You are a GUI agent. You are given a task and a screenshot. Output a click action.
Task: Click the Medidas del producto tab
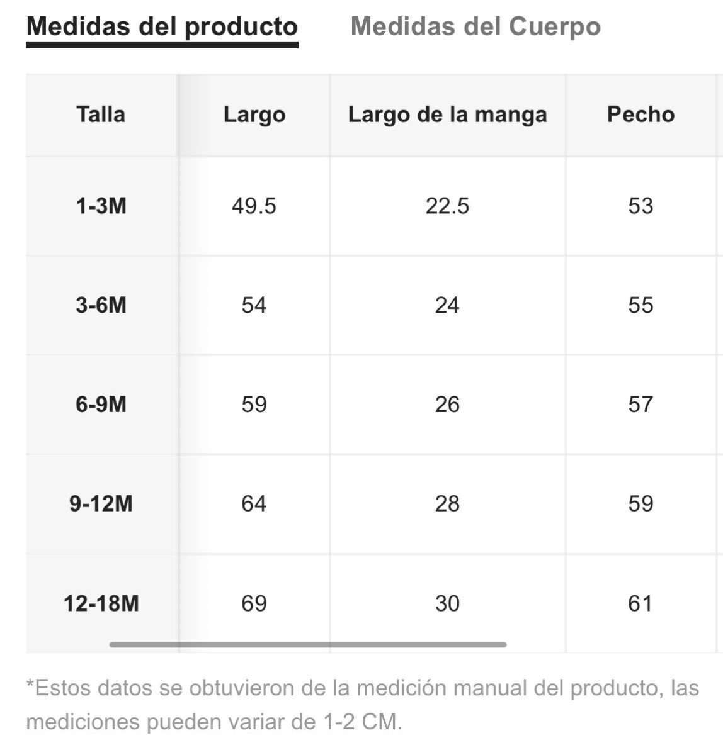point(162,26)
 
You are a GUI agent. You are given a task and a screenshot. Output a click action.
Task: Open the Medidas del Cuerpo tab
point(475,26)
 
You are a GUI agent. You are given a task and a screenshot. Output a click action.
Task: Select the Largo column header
point(254,115)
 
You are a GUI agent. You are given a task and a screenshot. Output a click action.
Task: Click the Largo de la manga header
point(447,115)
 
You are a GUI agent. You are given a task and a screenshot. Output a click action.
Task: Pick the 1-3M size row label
point(101,206)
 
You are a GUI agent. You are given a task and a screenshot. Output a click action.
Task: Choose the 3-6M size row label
point(101,305)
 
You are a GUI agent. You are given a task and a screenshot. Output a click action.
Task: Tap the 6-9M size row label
point(101,405)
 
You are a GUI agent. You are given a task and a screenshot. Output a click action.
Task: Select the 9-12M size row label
point(101,503)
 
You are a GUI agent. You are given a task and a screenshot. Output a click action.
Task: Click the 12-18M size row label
point(101,603)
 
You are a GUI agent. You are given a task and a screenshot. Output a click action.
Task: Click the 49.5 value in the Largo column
point(254,206)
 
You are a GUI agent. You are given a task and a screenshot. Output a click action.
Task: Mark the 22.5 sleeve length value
point(447,206)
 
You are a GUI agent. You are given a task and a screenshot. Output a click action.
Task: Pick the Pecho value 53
point(640,206)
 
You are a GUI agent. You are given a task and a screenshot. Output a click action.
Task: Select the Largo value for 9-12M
point(254,503)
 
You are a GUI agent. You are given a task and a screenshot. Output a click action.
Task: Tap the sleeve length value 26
point(447,405)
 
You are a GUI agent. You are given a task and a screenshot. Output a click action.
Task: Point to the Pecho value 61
point(640,603)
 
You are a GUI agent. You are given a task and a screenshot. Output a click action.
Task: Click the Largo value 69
point(254,603)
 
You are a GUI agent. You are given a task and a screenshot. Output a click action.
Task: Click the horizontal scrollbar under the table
point(308,644)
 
